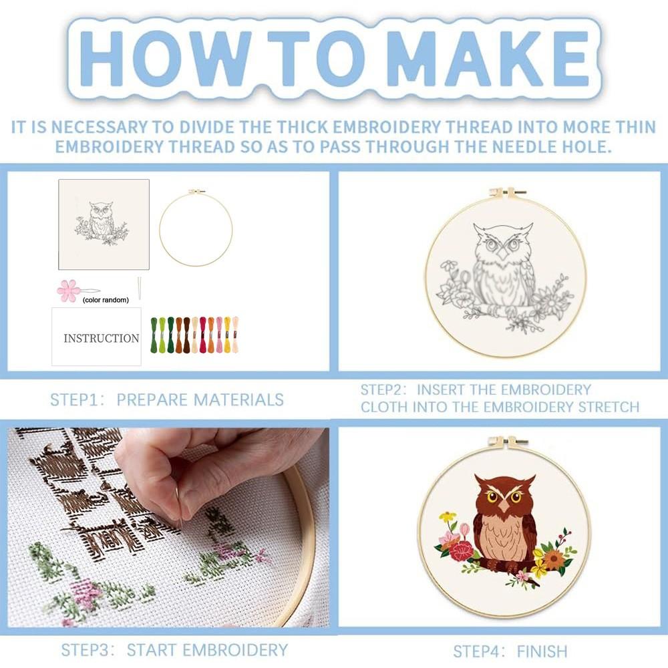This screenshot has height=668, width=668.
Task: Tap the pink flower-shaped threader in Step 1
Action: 68,291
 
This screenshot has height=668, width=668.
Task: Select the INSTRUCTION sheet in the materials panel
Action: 97,337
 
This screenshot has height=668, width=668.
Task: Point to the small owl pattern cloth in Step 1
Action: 104,224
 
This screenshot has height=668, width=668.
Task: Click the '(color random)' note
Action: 106,300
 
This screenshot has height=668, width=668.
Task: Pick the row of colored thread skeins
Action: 194,335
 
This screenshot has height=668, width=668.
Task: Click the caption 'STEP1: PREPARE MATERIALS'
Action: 167,400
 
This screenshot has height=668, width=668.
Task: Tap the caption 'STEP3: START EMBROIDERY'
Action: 174,649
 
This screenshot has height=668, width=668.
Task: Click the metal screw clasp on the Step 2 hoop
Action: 506,193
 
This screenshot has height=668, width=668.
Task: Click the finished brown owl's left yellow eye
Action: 492,496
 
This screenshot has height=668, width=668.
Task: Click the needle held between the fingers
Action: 178,504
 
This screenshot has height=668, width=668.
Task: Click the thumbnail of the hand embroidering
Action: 168,527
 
